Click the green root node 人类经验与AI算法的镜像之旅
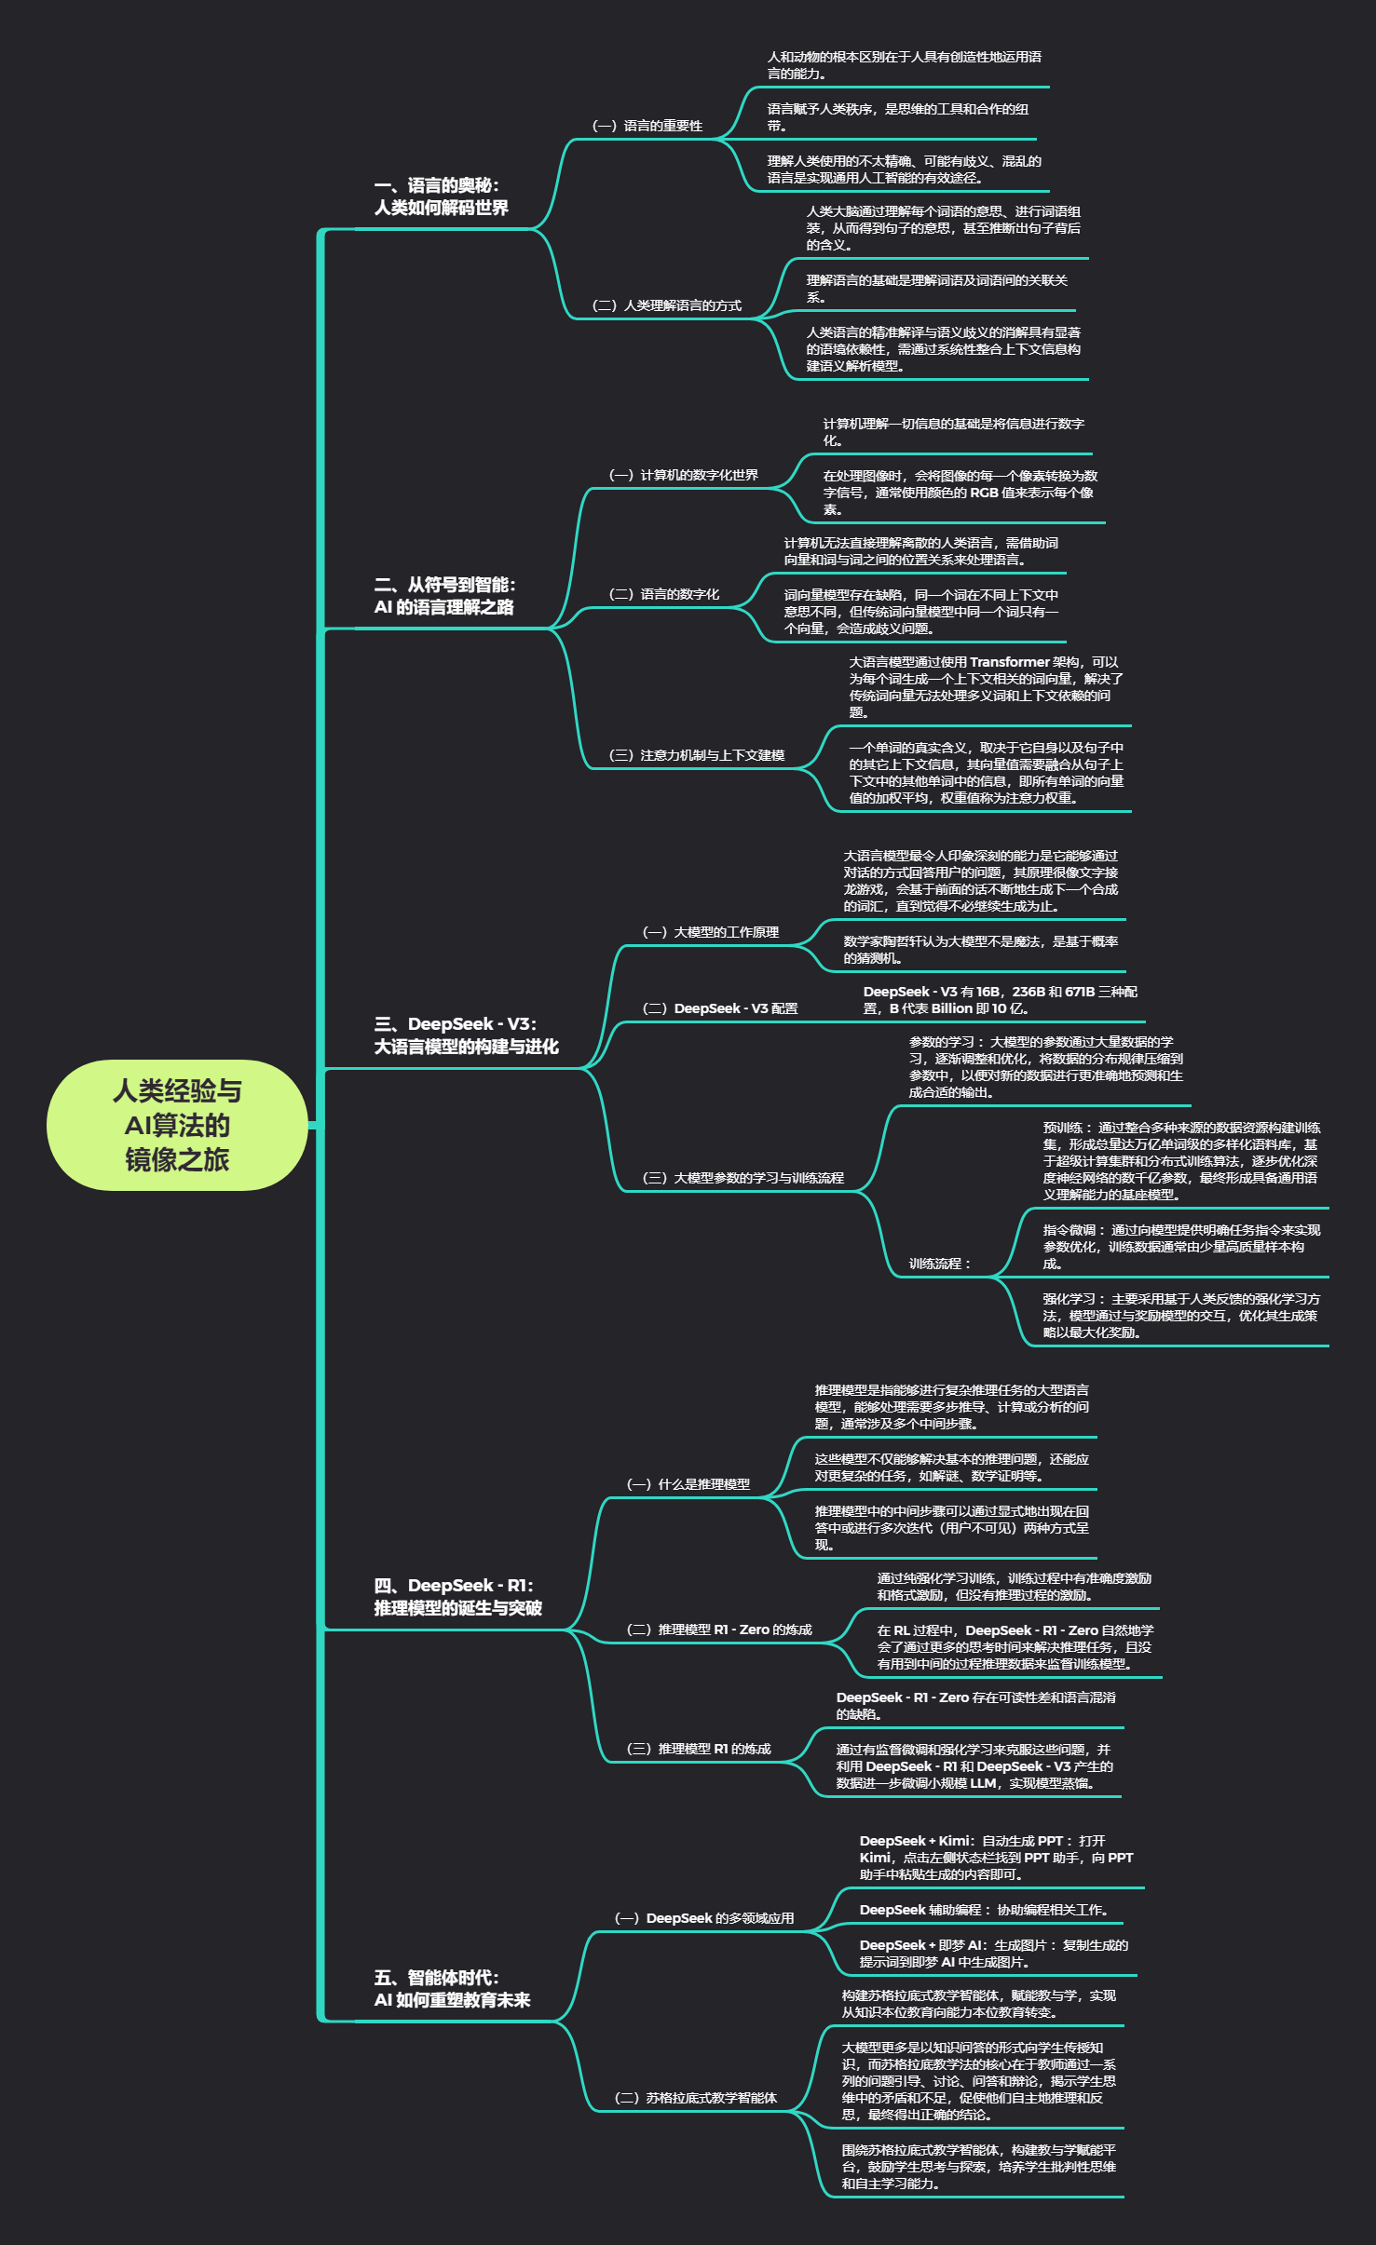point(177,1125)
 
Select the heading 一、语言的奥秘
point(441,196)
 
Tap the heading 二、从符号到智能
point(444,596)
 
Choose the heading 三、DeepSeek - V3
point(466,1035)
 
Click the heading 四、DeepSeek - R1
point(457,1596)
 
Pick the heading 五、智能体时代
point(452,1988)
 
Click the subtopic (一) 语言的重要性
point(647,126)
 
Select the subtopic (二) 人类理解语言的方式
point(667,305)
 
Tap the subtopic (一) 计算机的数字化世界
point(684,475)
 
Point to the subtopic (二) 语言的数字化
point(664,594)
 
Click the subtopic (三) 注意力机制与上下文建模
point(697,755)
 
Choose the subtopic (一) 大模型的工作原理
point(711,932)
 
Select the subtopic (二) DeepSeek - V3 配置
point(720,1008)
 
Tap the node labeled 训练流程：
point(940,1264)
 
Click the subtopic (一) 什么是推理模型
point(688,1484)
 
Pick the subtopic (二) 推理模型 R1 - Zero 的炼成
point(719,1630)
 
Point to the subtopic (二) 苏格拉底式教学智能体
point(696,2098)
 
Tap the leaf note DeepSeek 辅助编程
point(984,1910)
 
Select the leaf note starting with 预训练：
point(1180,1161)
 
